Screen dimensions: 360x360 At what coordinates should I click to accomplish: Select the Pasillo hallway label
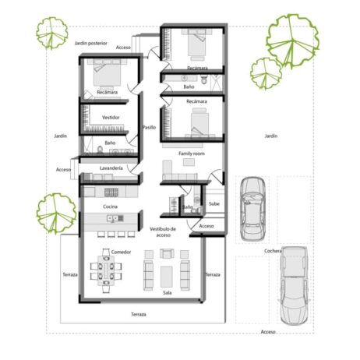coord(149,127)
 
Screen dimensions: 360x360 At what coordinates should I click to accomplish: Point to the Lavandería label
coord(111,168)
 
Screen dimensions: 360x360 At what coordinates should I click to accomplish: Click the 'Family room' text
coord(191,154)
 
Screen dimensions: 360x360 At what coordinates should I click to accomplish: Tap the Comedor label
coord(121,252)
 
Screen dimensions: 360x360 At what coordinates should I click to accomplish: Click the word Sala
coord(167,293)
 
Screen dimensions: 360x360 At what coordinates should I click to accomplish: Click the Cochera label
coord(274,251)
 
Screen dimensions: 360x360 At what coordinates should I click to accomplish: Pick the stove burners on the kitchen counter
coord(110,192)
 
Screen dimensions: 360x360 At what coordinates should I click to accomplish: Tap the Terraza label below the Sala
coord(138,314)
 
